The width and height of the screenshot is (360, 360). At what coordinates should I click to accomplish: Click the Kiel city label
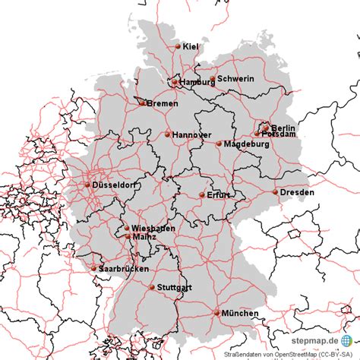(191, 47)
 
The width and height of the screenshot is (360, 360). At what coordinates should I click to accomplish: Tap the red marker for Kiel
(178, 47)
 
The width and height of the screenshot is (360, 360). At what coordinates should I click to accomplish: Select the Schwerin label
(235, 79)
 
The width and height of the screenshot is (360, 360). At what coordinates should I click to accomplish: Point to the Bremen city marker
(142, 103)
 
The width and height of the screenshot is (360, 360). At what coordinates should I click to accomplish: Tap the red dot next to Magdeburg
(219, 144)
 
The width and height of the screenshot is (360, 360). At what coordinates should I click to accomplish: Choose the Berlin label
(283, 128)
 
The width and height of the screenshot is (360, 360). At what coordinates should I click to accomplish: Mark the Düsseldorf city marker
(87, 185)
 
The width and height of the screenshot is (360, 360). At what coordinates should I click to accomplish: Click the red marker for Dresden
(275, 192)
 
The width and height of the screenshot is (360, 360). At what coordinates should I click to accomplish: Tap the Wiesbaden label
(153, 228)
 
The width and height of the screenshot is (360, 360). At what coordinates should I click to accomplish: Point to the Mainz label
(144, 237)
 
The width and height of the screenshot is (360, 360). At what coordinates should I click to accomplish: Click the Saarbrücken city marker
(94, 268)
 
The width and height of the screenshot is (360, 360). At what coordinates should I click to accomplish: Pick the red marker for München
(217, 312)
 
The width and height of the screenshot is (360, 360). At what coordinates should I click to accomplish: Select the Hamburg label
(196, 82)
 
